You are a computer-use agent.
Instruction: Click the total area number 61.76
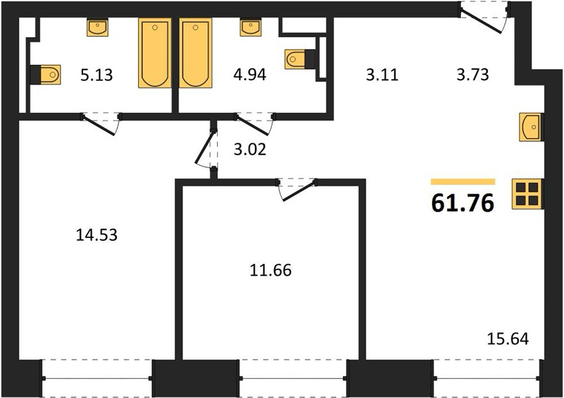462,203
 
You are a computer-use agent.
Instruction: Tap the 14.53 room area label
97,235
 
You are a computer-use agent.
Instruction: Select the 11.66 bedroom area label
271,271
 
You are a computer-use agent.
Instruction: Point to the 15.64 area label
508,339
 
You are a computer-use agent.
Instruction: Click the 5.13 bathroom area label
96,76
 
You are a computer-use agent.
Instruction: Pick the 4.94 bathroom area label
249,75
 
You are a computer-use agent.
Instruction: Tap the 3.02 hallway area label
250,149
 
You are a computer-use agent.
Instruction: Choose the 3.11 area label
382,75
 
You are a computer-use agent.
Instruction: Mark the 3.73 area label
472,75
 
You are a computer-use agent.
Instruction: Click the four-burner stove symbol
528,194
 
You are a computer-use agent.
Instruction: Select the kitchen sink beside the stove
531,127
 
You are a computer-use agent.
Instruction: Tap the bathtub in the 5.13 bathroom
155,53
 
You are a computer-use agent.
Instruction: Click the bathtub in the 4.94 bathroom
196,52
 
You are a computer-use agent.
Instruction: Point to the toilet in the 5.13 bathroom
45,74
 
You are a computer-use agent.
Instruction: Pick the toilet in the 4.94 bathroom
300,59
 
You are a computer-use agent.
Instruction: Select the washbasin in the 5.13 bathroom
98,27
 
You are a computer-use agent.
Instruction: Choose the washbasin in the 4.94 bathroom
251,27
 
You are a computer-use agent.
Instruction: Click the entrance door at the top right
483,18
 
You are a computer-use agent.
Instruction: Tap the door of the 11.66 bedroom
297,190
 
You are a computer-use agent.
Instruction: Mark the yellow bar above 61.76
463,182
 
